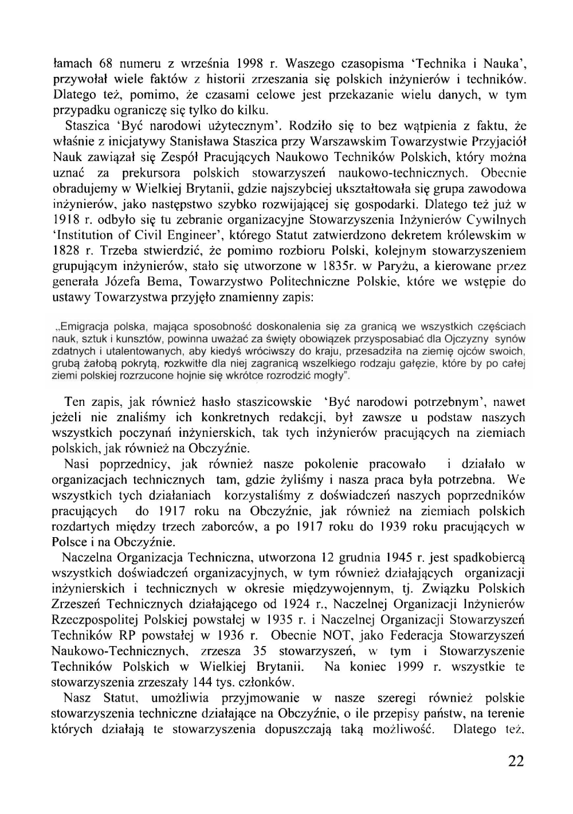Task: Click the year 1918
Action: pos(64,220)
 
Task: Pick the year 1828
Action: pos(64,251)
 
